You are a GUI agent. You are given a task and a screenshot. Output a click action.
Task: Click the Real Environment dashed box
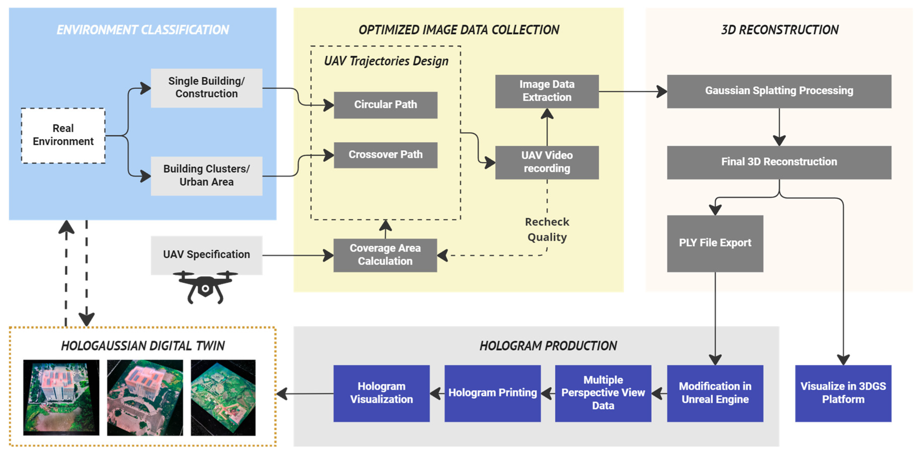click(x=63, y=135)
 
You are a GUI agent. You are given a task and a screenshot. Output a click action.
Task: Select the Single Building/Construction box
click(x=207, y=88)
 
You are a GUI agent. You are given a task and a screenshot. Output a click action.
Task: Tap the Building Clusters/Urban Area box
click(x=207, y=176)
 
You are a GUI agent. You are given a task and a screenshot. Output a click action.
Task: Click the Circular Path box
click(x=385, y=105)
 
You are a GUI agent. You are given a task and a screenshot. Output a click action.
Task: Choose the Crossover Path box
click(x=385, y=155)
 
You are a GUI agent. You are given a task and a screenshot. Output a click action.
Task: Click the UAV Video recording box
click(x=547, y=162)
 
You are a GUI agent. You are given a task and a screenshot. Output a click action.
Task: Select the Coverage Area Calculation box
click(x=385, y=255)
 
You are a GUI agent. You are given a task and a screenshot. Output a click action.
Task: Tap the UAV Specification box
click(x=207, y=255)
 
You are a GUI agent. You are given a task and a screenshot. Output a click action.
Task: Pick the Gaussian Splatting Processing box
click(x=779, y=91)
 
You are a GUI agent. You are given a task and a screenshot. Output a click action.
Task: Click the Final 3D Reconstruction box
click(x=779, y=162)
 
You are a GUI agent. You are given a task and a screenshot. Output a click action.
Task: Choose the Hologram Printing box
click(x=492, y=393)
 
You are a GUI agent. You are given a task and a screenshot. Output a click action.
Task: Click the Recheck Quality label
click(x=547, y=230)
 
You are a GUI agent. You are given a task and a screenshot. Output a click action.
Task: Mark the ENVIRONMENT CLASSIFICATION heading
click(x=143, y=30)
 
